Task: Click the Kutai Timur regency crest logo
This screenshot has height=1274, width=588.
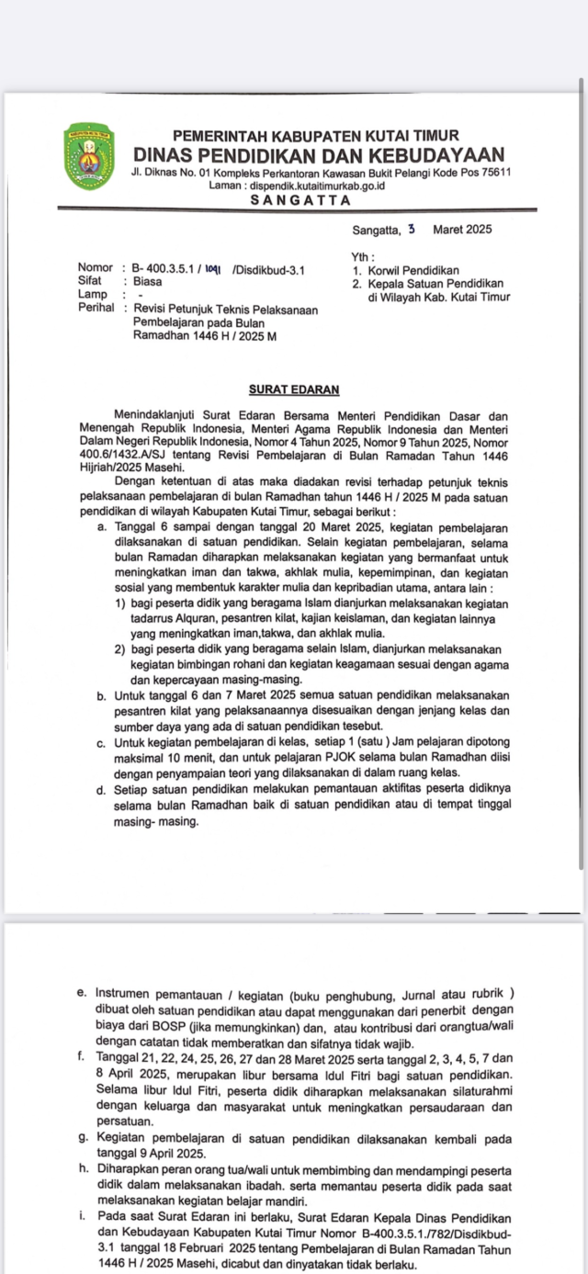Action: coord(89,157)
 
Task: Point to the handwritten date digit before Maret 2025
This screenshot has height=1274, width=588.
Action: coord(412,229)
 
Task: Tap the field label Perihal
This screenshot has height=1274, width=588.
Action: coord(96,310)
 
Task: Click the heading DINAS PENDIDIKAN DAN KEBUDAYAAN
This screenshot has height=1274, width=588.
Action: coord(318,154)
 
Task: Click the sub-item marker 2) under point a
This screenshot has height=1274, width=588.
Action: coord(121,648)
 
